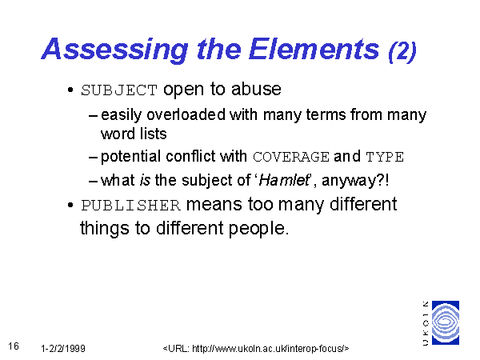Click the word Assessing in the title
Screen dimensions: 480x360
pos(114,50)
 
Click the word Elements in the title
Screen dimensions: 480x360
pos(314,49)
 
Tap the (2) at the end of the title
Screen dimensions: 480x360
pos(402,51)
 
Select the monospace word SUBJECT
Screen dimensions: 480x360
pos(119,90)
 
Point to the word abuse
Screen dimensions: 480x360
pos(256,89)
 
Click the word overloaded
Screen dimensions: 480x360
pos(186,114)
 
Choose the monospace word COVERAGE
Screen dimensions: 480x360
pos(291,157)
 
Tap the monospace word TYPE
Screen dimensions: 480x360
pos(385,157)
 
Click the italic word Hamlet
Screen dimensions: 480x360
pos(285,180)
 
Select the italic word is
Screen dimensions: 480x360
pos(145,180)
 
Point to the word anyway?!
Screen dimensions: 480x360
pos(355,180)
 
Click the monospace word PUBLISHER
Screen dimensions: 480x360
pos(130,206)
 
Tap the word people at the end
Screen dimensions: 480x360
pos(258,229)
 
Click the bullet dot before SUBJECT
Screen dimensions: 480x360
pos(70,90)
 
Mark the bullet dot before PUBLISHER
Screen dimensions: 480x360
pos(70,205)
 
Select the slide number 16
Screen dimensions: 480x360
pos(14,346)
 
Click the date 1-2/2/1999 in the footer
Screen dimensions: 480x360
pos(63,348)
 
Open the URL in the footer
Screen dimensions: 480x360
pos(256,348)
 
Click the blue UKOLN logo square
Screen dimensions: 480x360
pos(446,322)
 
